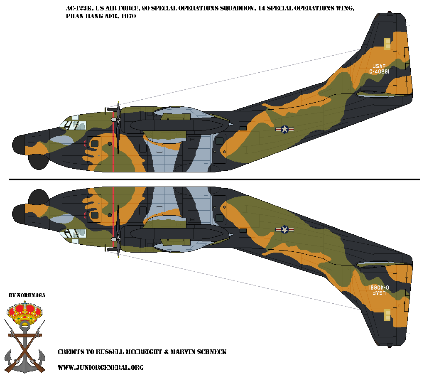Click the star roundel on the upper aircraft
coord(284,129)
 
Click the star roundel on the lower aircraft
coord(284,230)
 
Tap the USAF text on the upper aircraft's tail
coord(379,66)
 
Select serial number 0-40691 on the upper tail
coord(379,72)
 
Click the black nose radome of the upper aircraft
coord(18,145)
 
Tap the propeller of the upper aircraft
coord(118,128)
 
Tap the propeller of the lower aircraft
coord(118,231)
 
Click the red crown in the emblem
coord(25,312)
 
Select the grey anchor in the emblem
coord(25,347)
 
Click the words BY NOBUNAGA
coord(27,295)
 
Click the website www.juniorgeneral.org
coord(101,367)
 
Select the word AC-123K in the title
coord(79,8)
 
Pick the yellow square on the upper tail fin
coord(387,44)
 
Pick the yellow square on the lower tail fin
coord(387,315)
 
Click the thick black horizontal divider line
coord(214,179)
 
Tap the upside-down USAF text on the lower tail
coord(379,293)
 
